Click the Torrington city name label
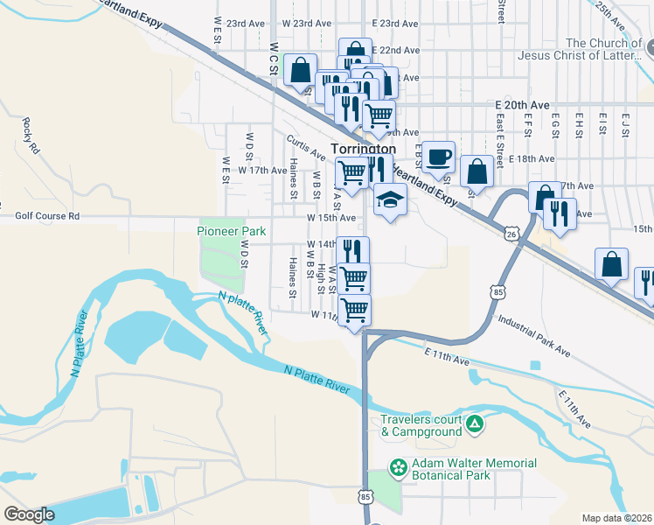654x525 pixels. tap(363, 150)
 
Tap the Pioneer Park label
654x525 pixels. tap(232, 231)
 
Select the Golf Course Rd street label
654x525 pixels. tap(47, 215)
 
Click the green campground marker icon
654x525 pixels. tap(475, 425)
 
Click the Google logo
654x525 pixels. tap(29, 514)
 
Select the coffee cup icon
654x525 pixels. tap(440, 157)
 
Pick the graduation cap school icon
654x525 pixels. tap(390, 199)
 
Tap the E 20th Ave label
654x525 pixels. tap(522, 104)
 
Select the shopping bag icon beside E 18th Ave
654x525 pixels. tap(477, 171)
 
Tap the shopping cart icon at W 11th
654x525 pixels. tap(355, 310)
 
